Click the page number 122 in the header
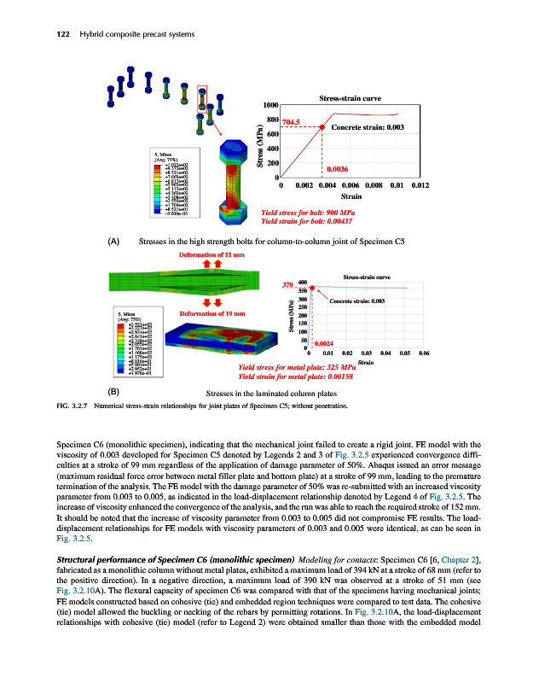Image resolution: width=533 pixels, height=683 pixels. pyautogui.click(x=38, y=33)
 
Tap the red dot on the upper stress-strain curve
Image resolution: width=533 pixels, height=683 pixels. pyautogui.click(x=322, y=127)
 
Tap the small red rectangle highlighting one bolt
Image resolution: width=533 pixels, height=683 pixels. pyautogui.click(x=202, y=96)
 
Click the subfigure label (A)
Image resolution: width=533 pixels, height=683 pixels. pyautogui.click(x=113, y=241)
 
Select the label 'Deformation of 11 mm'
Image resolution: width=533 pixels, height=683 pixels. pyautogui.click(x=211, y=254)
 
